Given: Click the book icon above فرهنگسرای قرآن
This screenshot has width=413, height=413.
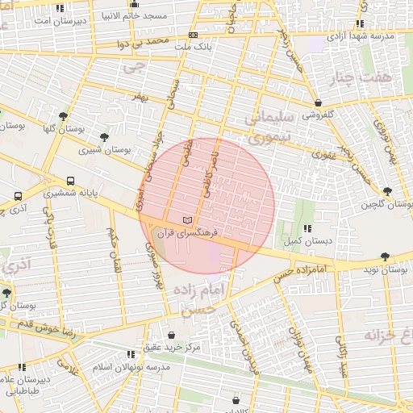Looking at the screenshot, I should coord(188,220).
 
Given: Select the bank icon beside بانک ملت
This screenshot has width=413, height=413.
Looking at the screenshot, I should coord(193,35).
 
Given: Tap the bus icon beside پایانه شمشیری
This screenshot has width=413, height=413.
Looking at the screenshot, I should coord(71,181).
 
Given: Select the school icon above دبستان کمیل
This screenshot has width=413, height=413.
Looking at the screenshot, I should coord(307,229).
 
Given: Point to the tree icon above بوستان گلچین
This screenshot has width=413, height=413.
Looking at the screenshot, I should coord(387,190).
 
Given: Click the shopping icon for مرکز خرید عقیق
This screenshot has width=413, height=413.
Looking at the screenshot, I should coord(172,334).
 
